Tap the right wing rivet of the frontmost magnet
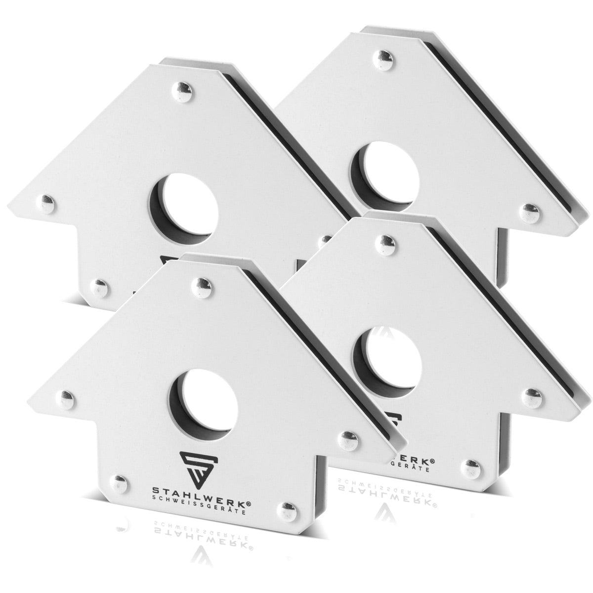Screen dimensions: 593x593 [x=347, y=437]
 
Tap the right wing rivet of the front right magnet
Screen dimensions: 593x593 [x=532, y=394]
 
